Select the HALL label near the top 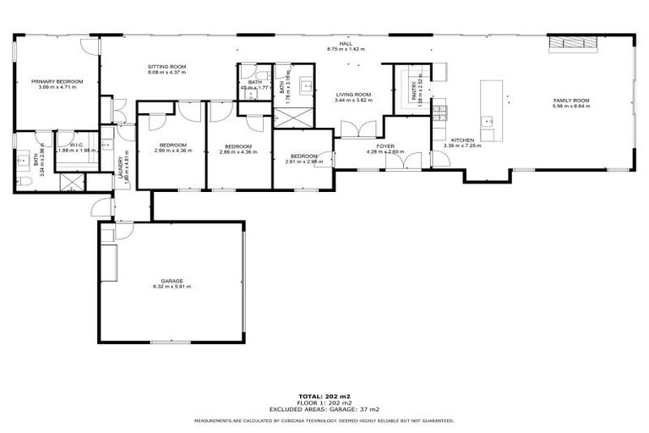(x=345, y=44)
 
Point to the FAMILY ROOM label (x=570, y=100)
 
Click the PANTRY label (x=414, y=96)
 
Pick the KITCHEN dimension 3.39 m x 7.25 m (x=462, y=145)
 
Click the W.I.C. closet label (x=76, y=145)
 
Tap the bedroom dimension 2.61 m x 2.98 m (x=303, y=161)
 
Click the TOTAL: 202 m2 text (x=324, y=395)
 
